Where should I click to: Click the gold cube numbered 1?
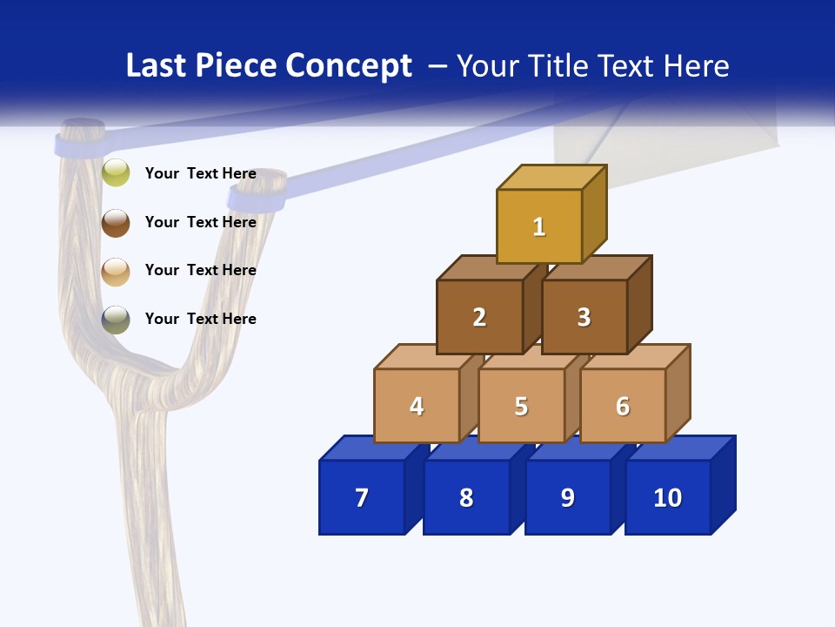539,226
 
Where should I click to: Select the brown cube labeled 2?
479,317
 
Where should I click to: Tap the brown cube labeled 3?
584,317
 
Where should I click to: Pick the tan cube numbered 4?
417,406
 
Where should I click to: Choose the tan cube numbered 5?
521,406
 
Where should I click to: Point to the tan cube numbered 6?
623,406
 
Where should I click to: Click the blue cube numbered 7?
362,497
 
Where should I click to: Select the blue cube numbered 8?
466,497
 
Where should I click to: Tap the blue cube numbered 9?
567,497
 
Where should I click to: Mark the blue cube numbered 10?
667,497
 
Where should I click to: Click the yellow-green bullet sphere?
116,172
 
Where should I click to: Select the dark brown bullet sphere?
116,222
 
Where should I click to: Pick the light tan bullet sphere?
116,271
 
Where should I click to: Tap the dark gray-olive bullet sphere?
116,320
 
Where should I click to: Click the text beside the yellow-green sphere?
201,173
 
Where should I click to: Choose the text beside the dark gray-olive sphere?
201,319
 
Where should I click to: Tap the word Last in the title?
155,65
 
